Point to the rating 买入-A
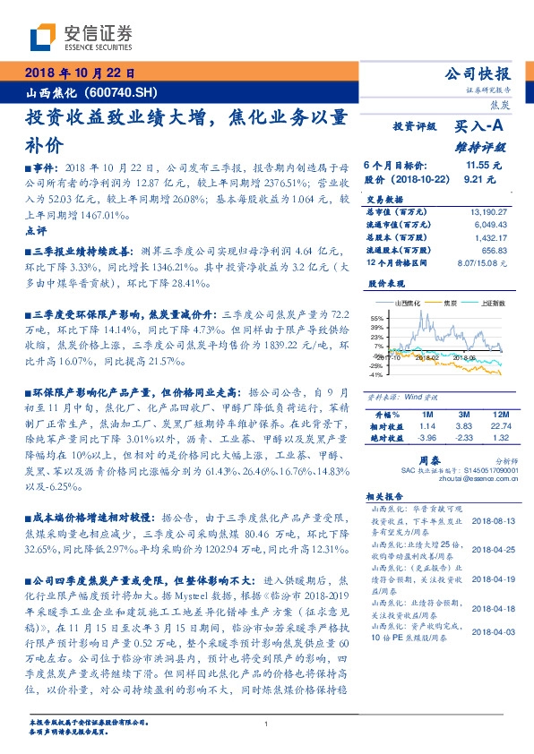point(480,128)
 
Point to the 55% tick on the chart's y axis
point(376,318)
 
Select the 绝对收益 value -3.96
point(426,438)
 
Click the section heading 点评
point(36,231)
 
